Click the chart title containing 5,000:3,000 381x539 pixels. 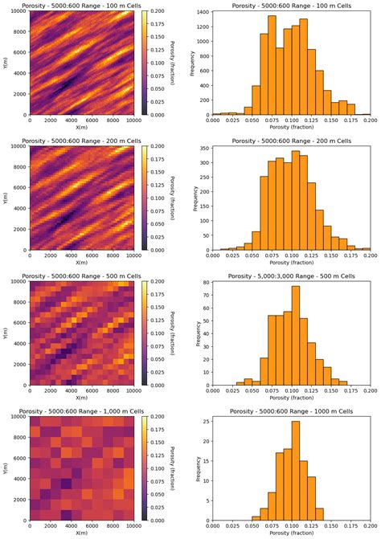[289, 276]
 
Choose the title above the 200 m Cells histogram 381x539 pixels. [289, 141]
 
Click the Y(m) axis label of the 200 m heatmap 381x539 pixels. [6, 198]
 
